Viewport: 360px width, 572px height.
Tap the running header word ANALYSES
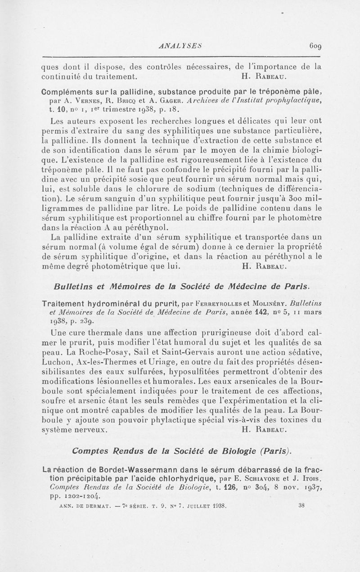(179, 45)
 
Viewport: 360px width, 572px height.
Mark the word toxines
(295, 420)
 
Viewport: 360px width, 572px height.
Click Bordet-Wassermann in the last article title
(117, 469)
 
